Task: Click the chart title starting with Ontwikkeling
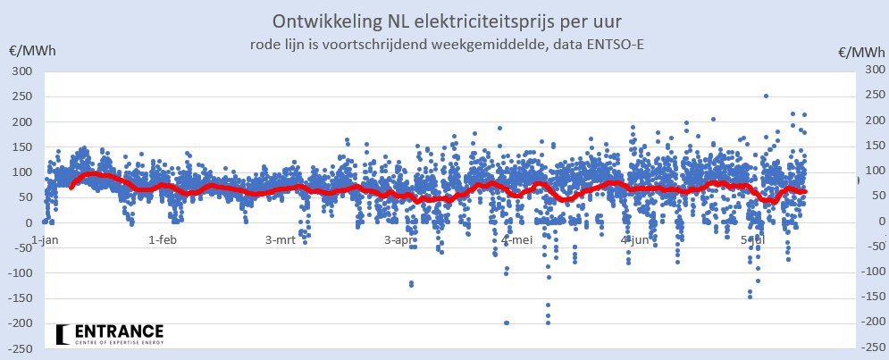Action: point(444,20)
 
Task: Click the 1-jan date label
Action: point(46,239)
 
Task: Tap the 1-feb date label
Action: point(164,239)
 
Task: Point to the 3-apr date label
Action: point(399,239)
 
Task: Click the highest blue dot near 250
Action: point(766,96)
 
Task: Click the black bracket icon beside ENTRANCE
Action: point(61,334)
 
